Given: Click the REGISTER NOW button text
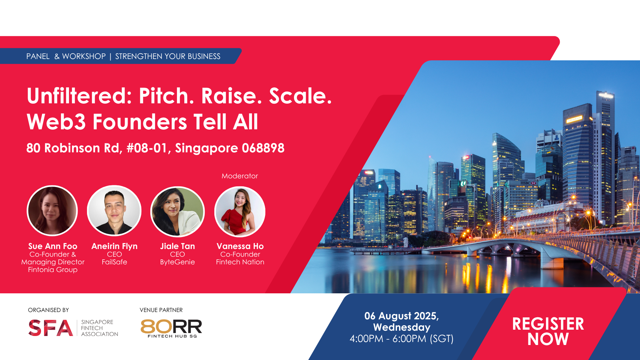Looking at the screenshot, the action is coord(548,331).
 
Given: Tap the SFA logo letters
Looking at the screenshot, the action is coord(51,328).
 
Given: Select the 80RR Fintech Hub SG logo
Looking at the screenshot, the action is coord(171,328).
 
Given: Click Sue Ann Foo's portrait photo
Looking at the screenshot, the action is coord(52,211).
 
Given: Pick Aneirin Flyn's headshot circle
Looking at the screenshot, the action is coord(114,211).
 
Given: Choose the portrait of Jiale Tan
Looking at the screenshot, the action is coord(177,212).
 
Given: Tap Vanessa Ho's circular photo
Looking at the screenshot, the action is coord(240,212).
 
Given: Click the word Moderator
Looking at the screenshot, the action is coord(240,176).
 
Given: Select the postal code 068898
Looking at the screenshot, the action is coord(263,148).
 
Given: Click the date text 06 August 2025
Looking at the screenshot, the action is coord(401,316).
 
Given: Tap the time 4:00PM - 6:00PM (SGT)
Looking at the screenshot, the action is coord(402,339).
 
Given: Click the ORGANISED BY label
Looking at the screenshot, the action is coord(48,310).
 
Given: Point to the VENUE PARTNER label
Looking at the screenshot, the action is coord(161,310).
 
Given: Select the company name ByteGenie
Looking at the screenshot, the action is coord(177,262).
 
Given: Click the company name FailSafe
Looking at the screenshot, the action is coord(114,262).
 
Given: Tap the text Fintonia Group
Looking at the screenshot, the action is coord(53,270).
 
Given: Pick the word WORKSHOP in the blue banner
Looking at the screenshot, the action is coord(84,56).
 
